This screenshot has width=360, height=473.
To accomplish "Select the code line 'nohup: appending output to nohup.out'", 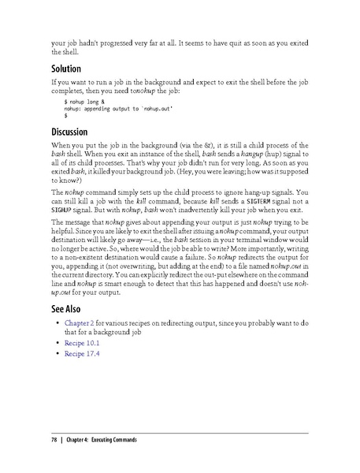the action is pos(118,109).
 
